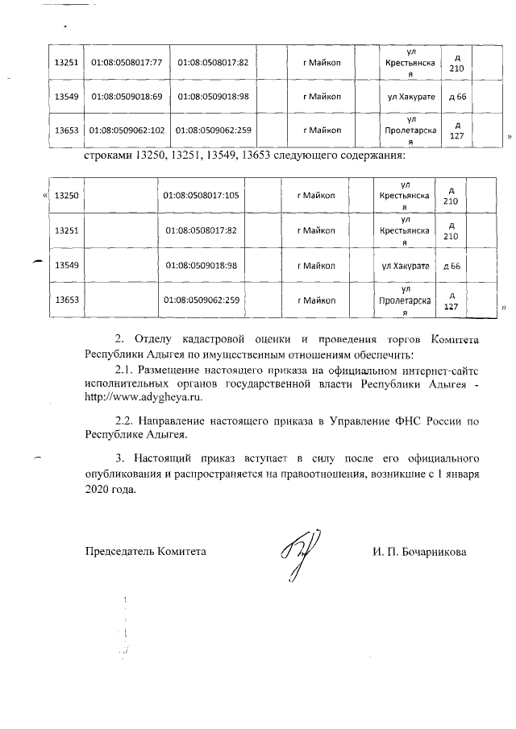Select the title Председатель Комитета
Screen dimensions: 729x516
(x=145, y=553)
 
